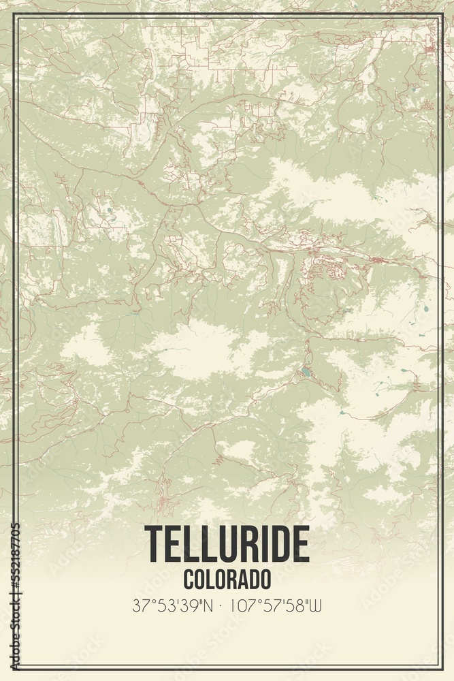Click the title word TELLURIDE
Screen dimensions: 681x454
click(x=227, y=545)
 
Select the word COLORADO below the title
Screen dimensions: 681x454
click(x=227, y=580)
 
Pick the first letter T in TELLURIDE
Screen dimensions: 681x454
click(x=153, y=545)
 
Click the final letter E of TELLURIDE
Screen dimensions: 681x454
click(x=300, y=545)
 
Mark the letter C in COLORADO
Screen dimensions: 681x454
click(x=188, y=580)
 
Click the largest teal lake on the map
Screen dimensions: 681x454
click(x=307, y=373)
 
